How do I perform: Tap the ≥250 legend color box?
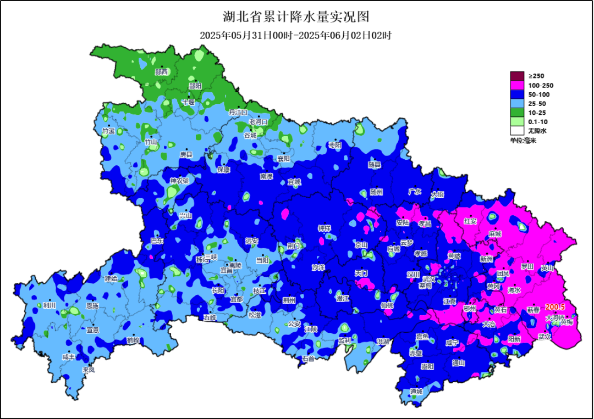click(517, 76)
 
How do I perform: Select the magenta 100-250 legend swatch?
click(517, 85)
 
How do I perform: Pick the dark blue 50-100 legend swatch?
click(517, 94)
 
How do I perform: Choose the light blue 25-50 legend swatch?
click(517, 103)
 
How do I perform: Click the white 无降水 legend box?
click(517, 131)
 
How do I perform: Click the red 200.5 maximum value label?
click(555, 307)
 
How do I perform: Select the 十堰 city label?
click(188, 102)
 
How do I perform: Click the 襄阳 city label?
click(283, 159)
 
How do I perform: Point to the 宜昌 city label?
click(226, 270)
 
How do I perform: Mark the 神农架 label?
click(179, 181)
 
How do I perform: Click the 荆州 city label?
click(289, 300)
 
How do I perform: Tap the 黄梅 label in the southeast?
click(566, 322)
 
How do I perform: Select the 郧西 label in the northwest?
click(161, 72)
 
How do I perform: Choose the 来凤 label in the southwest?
click(89, 370)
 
